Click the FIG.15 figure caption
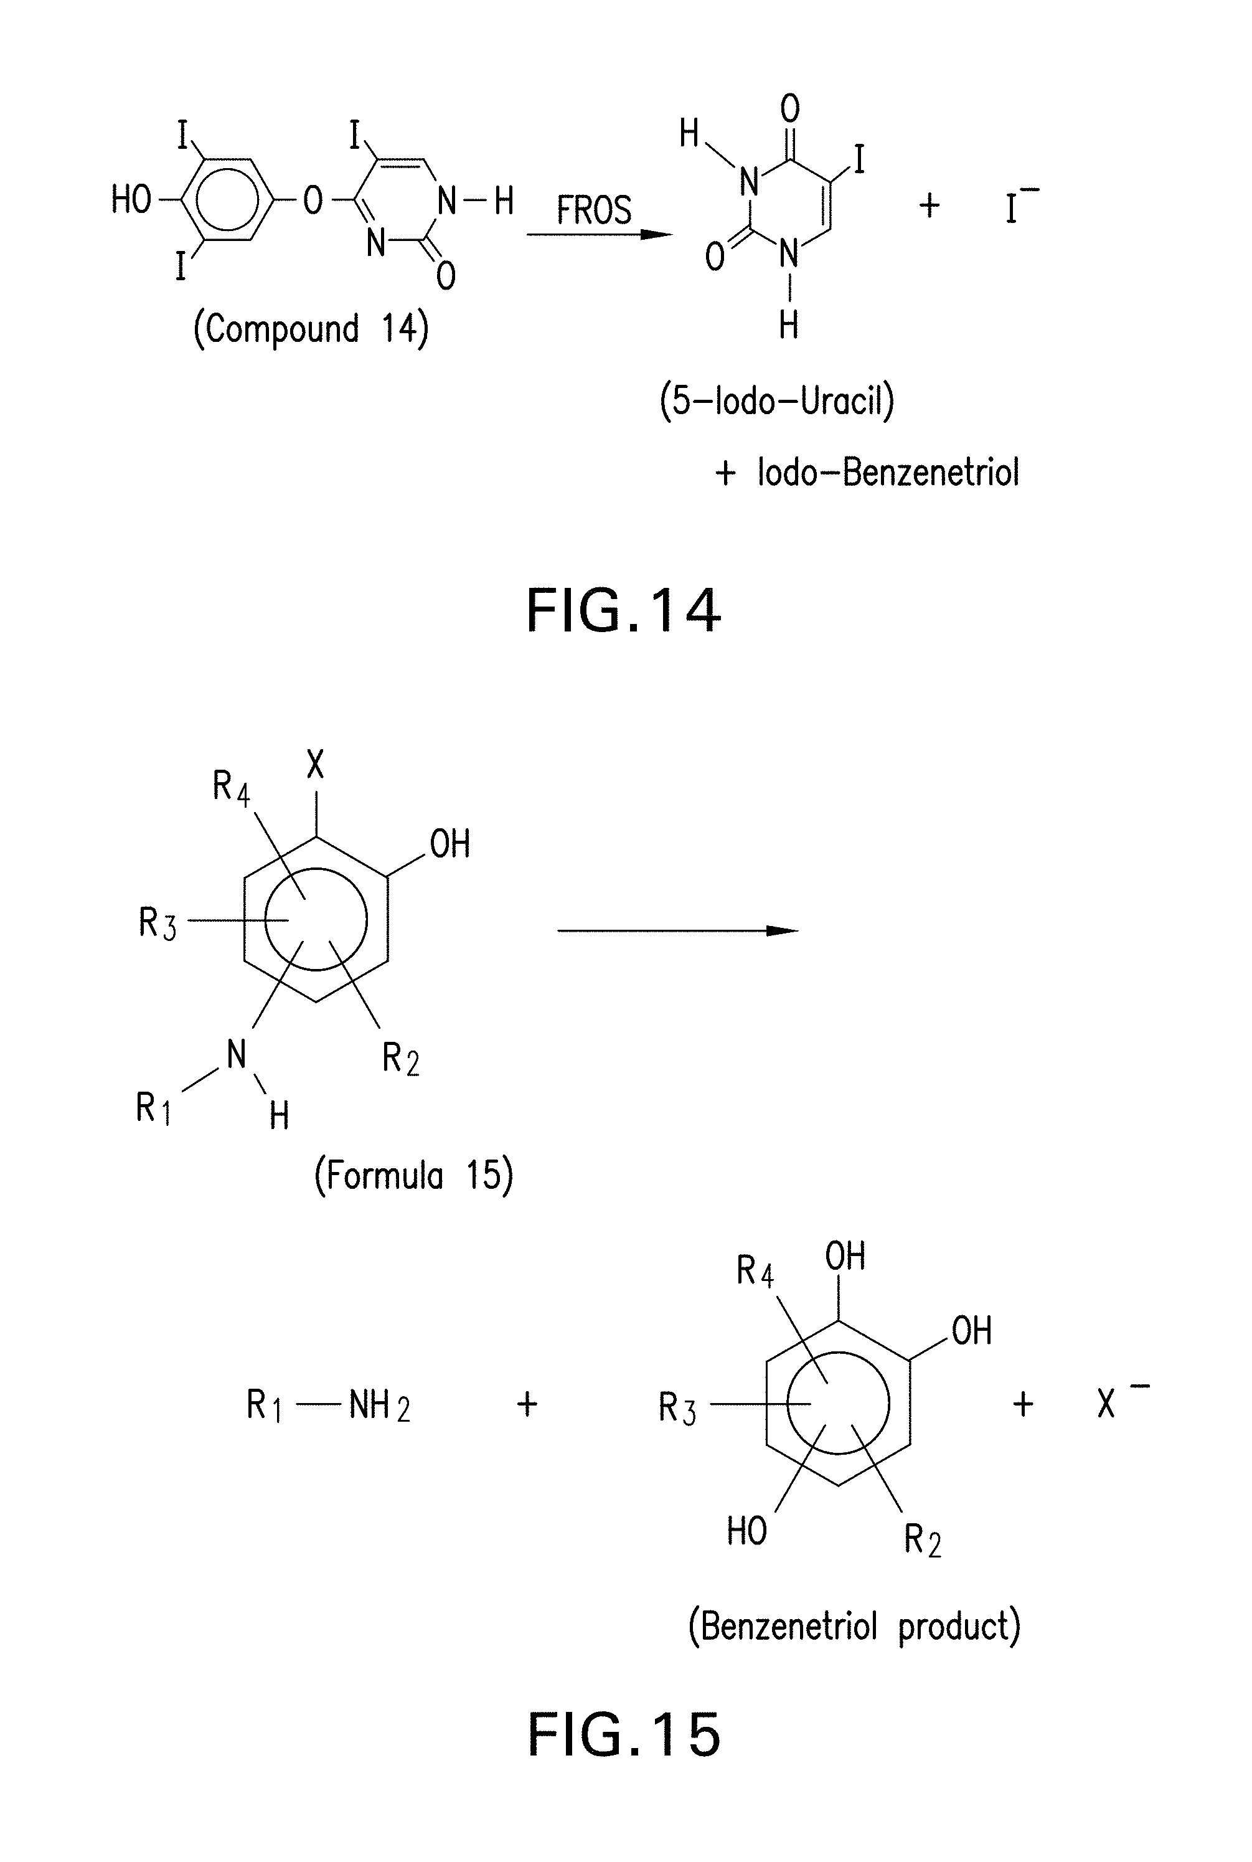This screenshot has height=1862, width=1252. click(x=624, y=1736)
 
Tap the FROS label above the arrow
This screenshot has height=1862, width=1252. click(x=593, y=210)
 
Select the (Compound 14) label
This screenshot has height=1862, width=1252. click(x=311, y=329)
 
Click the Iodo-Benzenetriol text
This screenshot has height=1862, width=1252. click(x=888, y=473)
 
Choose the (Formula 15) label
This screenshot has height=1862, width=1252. click(x=413, y=1175)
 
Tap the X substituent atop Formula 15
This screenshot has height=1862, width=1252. click(x=316, y=765)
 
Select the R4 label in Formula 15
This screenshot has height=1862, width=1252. click(x=231, y=787)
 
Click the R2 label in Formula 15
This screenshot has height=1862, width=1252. click(x=400, y=1059)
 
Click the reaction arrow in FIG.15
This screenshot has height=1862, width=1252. click(x=677, y=930)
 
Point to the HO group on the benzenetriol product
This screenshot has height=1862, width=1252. click(x=746, y=1531)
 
